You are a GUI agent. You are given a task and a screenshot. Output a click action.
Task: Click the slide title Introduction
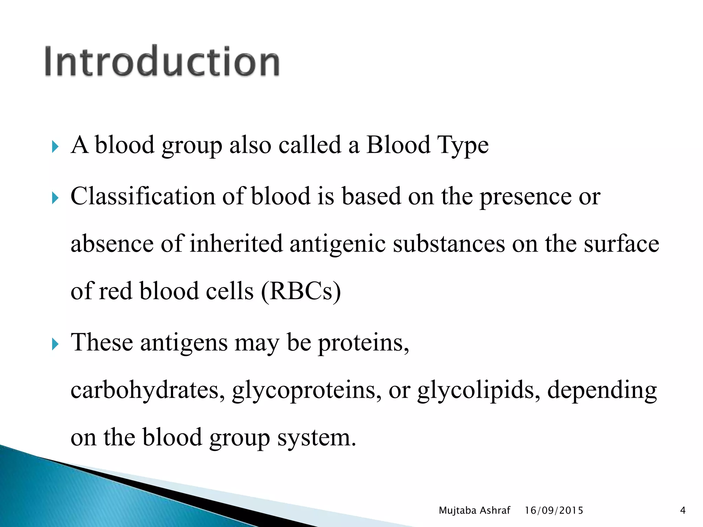pyautogui.click(x=162, y=62)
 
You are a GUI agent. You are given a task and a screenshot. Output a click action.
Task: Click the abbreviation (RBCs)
pyautogui.click(x=301, y=291)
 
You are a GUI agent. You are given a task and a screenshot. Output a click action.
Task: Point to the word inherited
pyautogui.click(x=236, y=244)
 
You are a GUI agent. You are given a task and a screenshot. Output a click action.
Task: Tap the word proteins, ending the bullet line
pyautogui.click(x=364, y=343)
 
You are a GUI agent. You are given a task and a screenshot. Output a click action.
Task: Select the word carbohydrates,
pyautogui.click(x=148, y=390)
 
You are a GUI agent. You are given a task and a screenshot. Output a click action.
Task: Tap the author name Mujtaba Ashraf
pyautogui.click(x=474, y=511)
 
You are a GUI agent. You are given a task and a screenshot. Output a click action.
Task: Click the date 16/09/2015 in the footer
pyautogui.click(x=554, y=511)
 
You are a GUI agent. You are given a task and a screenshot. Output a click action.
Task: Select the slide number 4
pyautogui.click(x=682, y=511)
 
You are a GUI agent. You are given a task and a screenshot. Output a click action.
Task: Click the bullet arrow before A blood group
pyautogui.click(x=55, y=147)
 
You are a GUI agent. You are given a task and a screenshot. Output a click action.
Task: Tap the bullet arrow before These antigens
pyautogui.click(x=55, y=344)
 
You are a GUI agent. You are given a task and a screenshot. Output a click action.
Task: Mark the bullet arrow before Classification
pyautogui.click(x=55, y=198)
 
